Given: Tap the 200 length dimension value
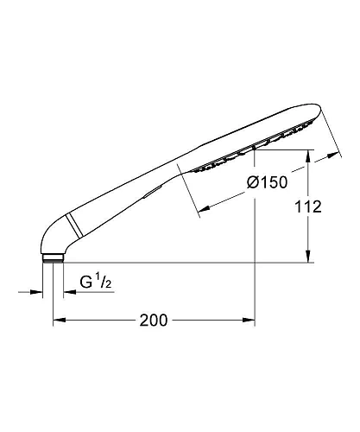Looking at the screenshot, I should pos(152,321).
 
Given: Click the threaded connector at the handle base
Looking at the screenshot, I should pos(53,257).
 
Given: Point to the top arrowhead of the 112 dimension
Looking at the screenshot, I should pos(309,155).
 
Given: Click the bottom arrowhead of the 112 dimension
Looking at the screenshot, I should pos(309,257).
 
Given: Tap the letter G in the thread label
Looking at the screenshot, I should pos(86,282).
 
